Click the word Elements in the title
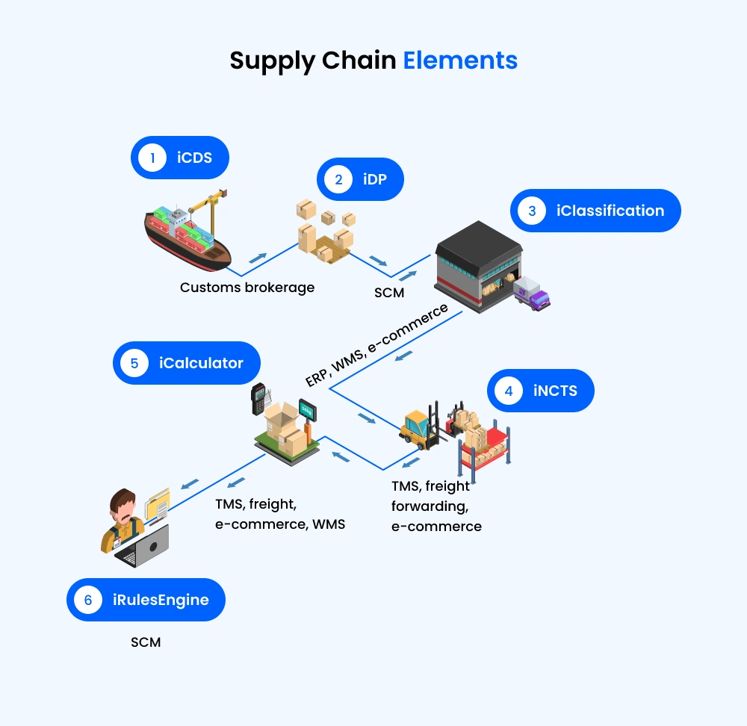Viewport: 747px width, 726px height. tap(460, 60)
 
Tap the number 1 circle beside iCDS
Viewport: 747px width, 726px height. tap(152, 158)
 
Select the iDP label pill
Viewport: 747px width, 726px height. tap(361, 179)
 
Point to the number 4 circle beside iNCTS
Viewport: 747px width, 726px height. tap(509, 390)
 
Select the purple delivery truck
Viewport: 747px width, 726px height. tap(533, 294)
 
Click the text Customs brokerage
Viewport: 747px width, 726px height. tap(247, 287)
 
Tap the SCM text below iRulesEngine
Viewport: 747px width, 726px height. tap(146, 642)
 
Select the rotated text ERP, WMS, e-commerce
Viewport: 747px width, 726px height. tap(376, 344)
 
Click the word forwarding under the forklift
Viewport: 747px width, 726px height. tap(430, 506)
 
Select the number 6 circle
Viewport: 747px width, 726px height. tap(88, 600)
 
